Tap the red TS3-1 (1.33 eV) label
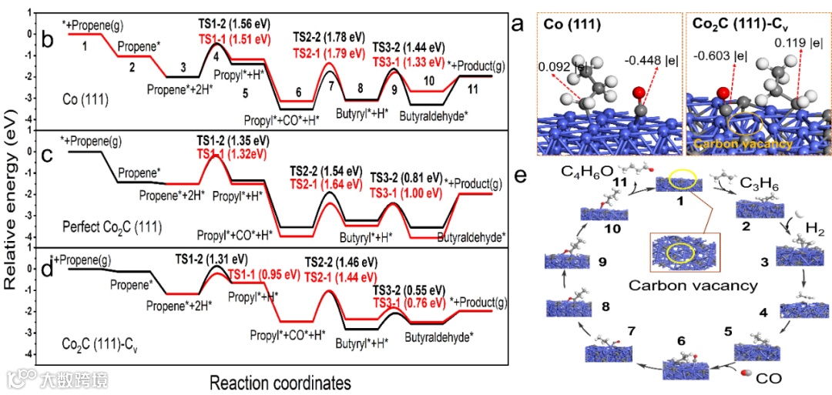[408, 61]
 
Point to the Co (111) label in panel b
[88, 100]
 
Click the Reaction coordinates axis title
[280, 381]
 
